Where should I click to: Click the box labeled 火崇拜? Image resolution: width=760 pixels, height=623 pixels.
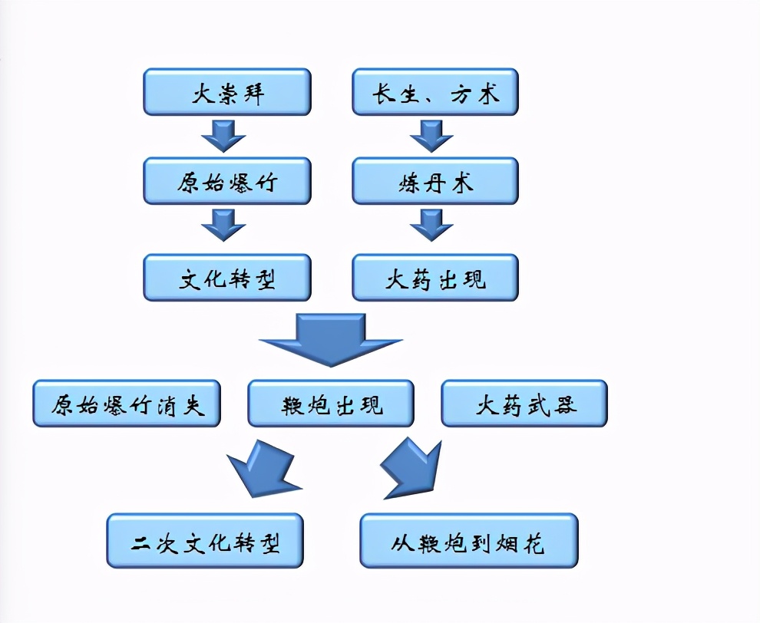point(227,92)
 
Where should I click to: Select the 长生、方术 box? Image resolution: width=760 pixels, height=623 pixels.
point(435,92)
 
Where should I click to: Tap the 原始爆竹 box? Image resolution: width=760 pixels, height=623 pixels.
point(227,182)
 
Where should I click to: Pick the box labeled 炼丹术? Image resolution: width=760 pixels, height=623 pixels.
point(435,182)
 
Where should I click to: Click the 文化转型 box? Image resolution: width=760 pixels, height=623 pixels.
point(227,278)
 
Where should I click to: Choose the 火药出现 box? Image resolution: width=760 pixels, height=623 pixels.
point(435,278)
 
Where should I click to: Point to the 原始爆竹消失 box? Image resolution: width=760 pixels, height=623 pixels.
point(127,404)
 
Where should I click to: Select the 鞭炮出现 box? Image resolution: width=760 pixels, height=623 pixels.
point(331,404)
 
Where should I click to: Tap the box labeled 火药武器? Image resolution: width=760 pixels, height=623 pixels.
point(524,404)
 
